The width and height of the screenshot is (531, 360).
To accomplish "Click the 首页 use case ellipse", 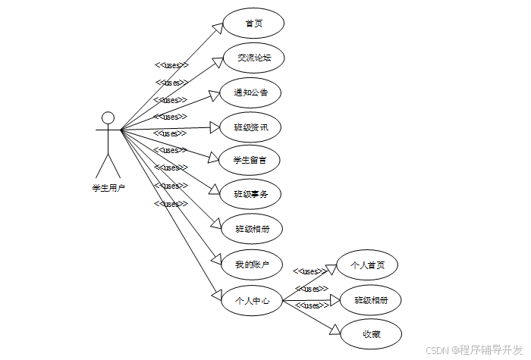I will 253,23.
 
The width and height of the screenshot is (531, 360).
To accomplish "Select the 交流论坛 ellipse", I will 253,58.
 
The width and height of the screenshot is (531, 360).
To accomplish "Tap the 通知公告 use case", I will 250,92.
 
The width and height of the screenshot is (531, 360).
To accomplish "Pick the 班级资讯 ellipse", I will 250,127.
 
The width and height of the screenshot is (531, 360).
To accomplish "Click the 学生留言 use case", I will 250,160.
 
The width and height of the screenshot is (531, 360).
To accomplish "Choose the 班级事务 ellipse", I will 250,194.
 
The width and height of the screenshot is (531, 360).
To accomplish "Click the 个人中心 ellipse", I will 252,300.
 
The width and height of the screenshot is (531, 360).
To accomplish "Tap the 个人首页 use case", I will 367,265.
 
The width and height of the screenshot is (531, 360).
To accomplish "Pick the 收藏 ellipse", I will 371,334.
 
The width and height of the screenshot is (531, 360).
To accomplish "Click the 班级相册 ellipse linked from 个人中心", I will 371,300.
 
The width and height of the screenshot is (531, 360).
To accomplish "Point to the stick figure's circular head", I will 108,117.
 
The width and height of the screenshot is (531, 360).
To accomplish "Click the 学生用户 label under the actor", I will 108,187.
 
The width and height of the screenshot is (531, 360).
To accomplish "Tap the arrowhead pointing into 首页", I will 217,28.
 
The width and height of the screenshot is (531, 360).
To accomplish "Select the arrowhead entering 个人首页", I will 330,270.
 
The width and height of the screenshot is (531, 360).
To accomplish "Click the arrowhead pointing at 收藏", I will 334,329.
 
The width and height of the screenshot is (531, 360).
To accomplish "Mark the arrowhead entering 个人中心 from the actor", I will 215,295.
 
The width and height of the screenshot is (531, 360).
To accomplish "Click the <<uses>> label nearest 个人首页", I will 309,271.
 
